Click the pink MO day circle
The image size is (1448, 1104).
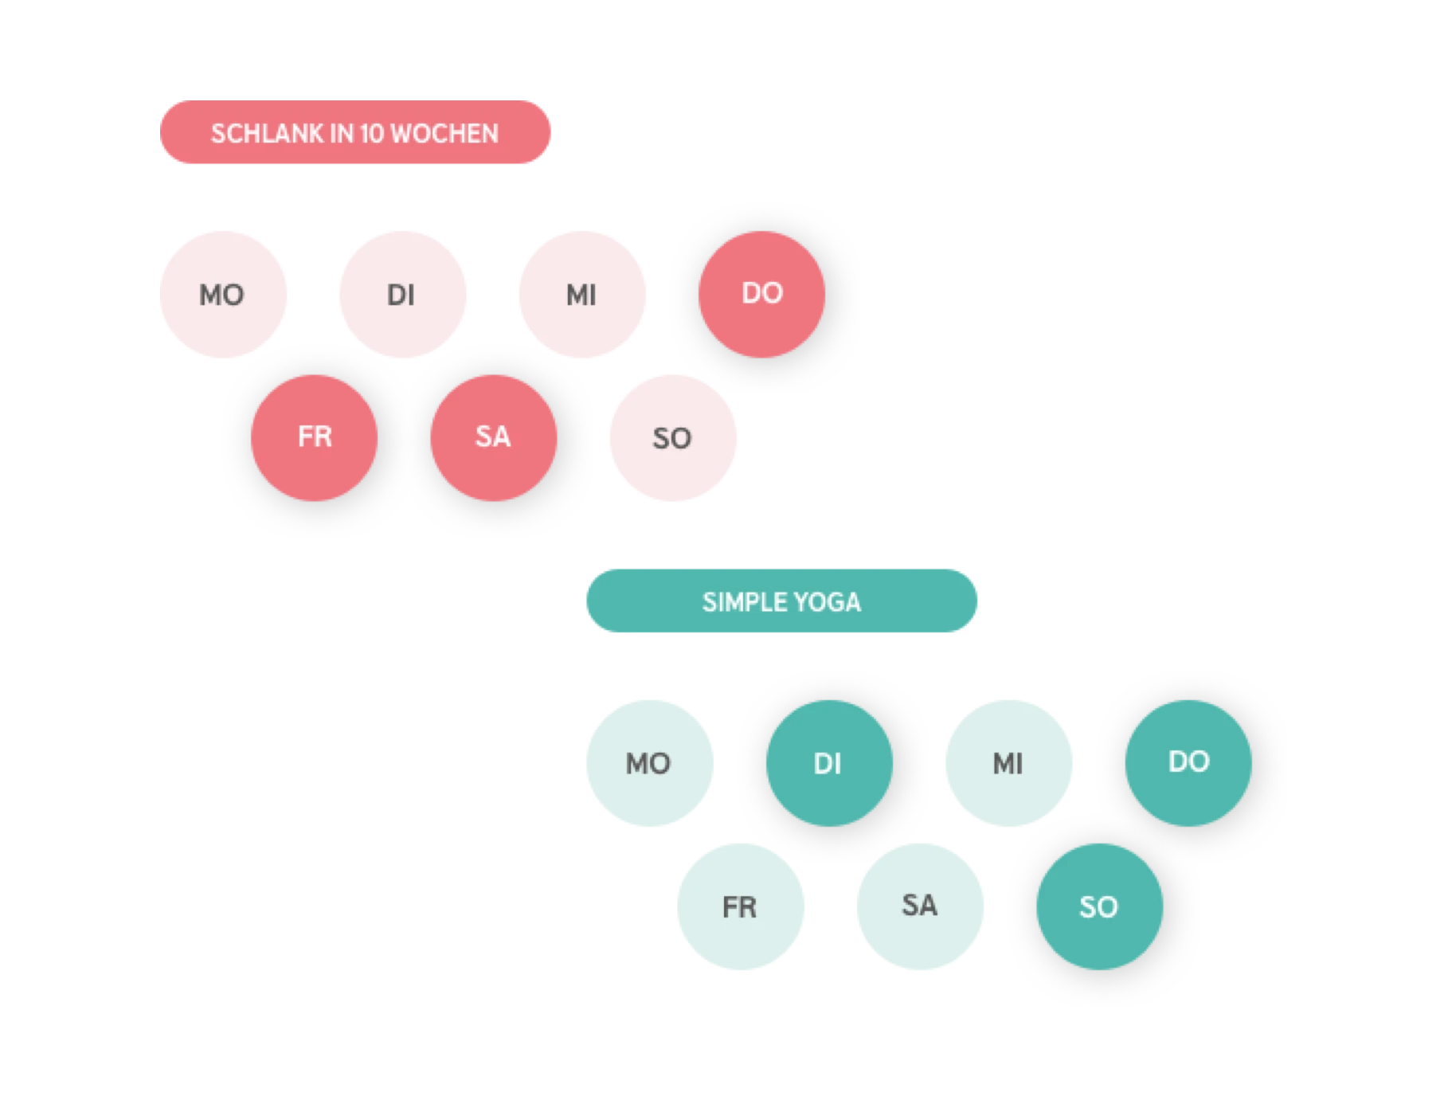coord(223,295)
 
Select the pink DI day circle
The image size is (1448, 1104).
coord(403,295)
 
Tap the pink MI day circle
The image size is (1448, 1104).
coord(582,295)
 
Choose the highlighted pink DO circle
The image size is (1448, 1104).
coord(762,295)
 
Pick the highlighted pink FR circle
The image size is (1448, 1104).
coord(314,438)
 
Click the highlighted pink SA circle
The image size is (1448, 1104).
coord(494,438)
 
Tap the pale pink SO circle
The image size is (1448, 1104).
coord(673,438)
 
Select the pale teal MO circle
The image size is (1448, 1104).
coord(650,763)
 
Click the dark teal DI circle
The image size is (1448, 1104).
coord(829,763)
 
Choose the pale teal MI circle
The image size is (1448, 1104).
coord(1009,763)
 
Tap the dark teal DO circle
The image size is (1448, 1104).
coord(1188,763)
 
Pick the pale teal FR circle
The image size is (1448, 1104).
coord(741,906)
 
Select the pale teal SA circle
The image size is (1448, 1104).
coord(920,906)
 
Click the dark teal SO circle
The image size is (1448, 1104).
coord(1099,906)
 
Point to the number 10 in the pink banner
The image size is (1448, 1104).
coord(372,133)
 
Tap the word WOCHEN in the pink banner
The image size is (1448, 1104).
coord(444,133)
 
